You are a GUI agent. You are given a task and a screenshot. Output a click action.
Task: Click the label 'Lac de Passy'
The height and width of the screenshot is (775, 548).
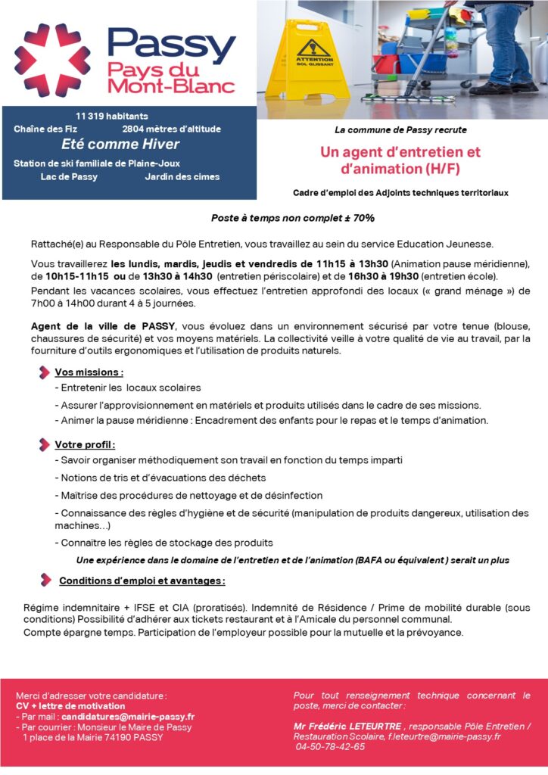tap(69, 177)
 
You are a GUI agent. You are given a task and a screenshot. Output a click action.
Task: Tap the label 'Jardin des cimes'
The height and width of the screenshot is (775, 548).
tap(182, 177)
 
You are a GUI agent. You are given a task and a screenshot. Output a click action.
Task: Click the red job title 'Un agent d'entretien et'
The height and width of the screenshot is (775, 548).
tap(400, 152)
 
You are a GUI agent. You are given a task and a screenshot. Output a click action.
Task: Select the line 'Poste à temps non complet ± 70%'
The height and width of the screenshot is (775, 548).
tap(293, 218)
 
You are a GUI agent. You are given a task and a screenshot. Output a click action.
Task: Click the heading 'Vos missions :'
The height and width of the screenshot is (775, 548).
tap(89, 372)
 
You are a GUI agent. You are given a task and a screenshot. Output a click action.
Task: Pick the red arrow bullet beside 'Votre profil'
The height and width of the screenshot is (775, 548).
tap(45, 444)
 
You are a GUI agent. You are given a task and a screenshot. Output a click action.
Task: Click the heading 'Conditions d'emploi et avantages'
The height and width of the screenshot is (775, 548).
tap(142, 580)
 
